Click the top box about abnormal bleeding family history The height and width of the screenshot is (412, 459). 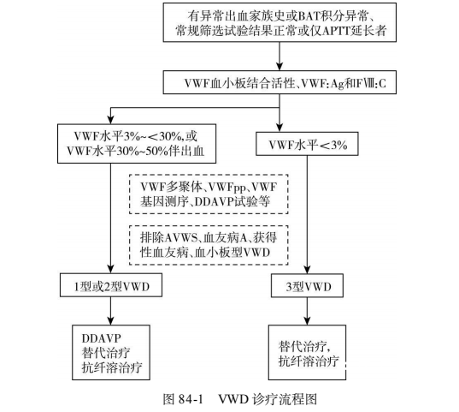[x=280, y=22]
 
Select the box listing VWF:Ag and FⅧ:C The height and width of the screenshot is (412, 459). [x=280, y=82]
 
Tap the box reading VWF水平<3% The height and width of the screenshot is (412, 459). [x=307, y=144]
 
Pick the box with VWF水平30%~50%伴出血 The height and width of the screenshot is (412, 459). [x=137, y=144]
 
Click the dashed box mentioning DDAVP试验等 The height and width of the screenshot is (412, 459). [x=209, y=194]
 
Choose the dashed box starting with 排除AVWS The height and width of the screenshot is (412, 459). [x=209, y=245]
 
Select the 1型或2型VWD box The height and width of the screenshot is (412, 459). [x=111, y=285]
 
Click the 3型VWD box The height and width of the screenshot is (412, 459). [x=307, y=286]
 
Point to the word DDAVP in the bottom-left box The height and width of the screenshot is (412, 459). [x=101, y=338]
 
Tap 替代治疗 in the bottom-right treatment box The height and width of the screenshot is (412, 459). [x=303, y=347]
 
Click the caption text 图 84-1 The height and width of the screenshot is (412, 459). [x=183, y=399]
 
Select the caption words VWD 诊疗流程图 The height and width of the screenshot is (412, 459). [x=268, y=399]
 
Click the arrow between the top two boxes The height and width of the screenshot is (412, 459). [x=280, y=57]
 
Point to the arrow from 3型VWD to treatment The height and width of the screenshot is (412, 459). [x=307, y=311]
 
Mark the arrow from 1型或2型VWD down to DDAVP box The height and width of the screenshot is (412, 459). [x=110, y=311]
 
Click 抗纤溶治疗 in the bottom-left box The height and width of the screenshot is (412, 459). [x=112, y=367]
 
